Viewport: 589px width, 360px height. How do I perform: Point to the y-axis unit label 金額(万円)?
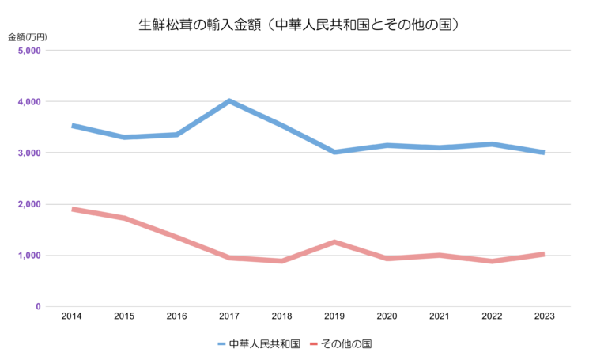coord(28,37)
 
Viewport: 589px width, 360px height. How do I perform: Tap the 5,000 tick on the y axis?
coord(29,51)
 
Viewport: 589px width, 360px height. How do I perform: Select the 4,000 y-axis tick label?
coord(29,102)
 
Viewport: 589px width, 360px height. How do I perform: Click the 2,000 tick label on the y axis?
coord(29,204)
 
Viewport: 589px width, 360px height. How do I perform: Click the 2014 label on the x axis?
coord(72,316)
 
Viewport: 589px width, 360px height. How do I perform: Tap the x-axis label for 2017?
coord(229,316)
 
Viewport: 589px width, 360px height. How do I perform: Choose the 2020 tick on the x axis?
coord(387,316)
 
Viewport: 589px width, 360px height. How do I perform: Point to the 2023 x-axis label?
coord(544,316)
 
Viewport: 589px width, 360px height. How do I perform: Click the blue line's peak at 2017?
coord(229,101)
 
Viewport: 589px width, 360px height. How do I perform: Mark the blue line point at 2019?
coord(334,152)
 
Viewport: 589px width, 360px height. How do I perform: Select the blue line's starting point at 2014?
coord(73,126)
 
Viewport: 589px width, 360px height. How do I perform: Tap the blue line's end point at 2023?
coord(543,153)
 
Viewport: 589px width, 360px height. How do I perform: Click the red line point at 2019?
coord(334,242)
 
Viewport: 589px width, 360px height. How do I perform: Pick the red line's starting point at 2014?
coord(73,209)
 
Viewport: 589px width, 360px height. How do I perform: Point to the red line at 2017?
coord(229,257)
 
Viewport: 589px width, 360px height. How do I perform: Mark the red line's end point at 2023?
coord(543,254)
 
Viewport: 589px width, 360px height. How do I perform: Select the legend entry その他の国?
coord(342,344)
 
